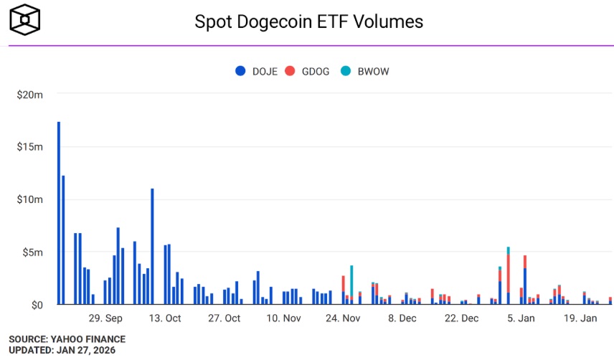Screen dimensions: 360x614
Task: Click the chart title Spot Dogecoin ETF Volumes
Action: click(309, 22)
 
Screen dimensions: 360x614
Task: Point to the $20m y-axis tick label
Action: click(30, 94)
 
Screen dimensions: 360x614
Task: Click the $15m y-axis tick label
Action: click(30, 147)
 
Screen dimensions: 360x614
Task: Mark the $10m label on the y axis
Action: click(30, 199)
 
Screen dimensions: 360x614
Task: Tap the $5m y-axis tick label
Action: click(33, 252)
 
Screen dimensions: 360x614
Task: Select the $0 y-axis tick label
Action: click(37, 305)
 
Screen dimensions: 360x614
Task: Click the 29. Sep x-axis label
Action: click(105, 318)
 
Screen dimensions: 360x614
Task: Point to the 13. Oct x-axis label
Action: click(165, 318)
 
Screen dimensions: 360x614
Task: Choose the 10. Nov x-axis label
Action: click(283, 318)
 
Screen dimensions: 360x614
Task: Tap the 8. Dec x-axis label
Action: click(401, 318)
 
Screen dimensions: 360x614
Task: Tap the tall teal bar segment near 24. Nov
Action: click(351, 280)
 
